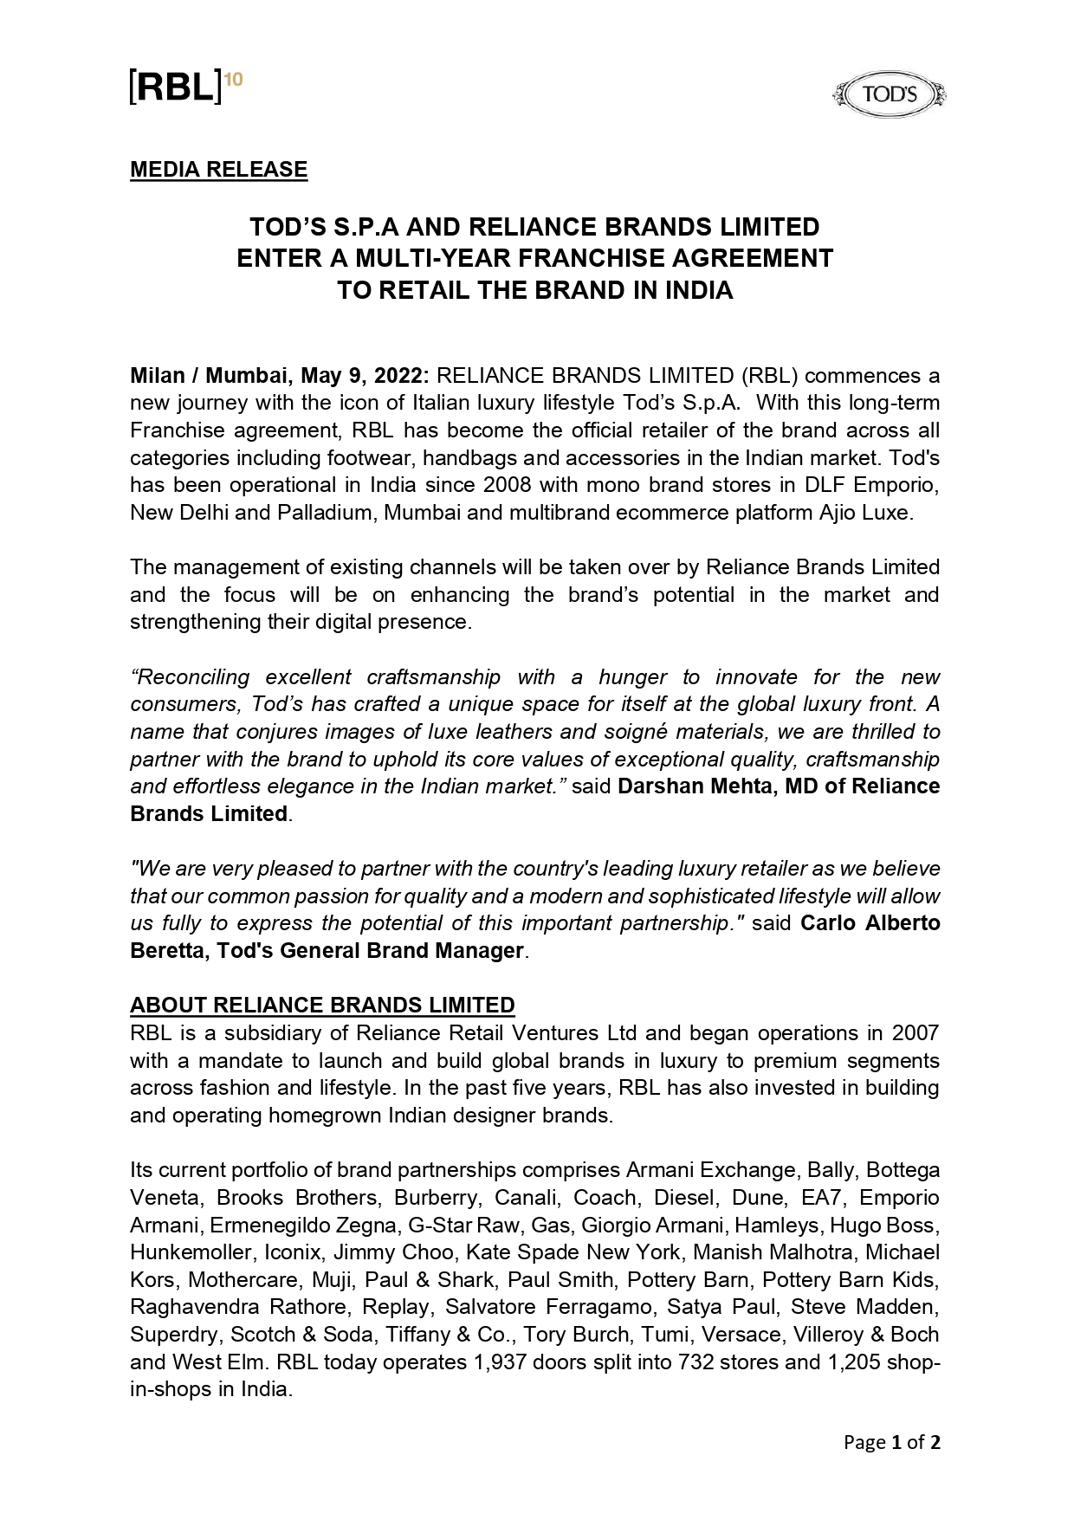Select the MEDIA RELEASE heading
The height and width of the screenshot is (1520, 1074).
218,170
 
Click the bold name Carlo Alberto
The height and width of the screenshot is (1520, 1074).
870,923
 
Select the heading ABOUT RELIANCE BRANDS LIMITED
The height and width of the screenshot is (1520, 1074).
322,1006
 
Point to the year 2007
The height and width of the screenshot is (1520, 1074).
915,1033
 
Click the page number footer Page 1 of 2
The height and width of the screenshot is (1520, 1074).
892,1443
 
